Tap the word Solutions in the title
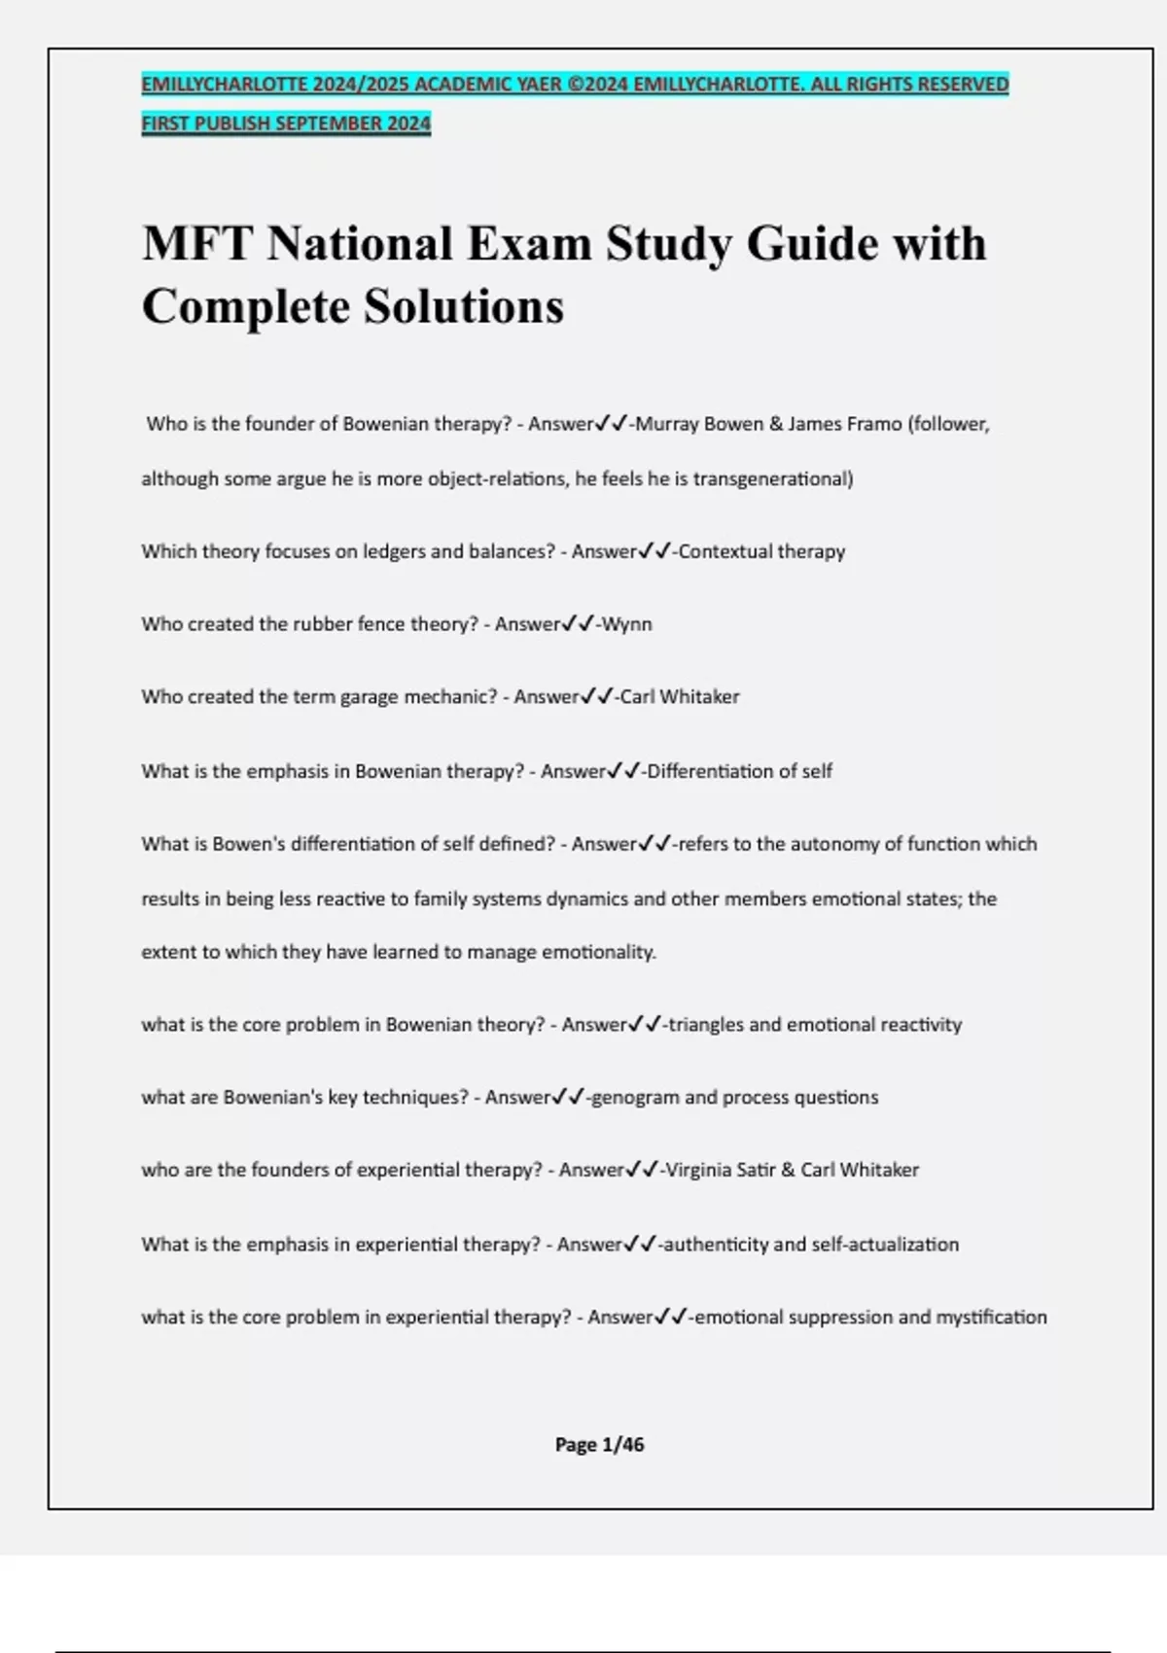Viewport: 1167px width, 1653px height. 464,306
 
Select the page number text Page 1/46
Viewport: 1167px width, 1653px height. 599,1445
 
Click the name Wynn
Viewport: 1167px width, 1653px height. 627,624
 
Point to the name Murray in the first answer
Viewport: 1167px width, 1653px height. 668,424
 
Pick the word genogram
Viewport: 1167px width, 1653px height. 635,1098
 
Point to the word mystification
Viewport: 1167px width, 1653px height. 991,1318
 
